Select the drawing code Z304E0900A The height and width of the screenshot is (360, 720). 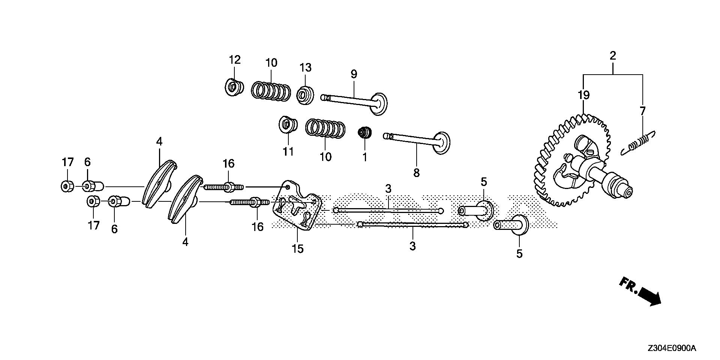point(671,349)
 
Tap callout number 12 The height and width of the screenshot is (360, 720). point(235,60)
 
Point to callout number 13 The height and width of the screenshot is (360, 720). point(305,68)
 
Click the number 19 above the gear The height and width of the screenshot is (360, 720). point(583,95)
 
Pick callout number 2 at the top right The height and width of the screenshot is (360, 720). point(613,56)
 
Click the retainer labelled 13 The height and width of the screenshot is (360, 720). point(305,95)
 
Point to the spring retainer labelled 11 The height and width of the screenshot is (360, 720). point(288,124)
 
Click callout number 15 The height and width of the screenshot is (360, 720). point(298,249)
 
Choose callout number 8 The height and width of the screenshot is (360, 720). point(416,173)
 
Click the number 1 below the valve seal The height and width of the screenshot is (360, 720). point(364,157)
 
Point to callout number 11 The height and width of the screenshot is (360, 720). point(288,151)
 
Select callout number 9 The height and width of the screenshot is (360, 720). point(354,74)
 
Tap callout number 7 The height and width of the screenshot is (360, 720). point(643,111)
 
